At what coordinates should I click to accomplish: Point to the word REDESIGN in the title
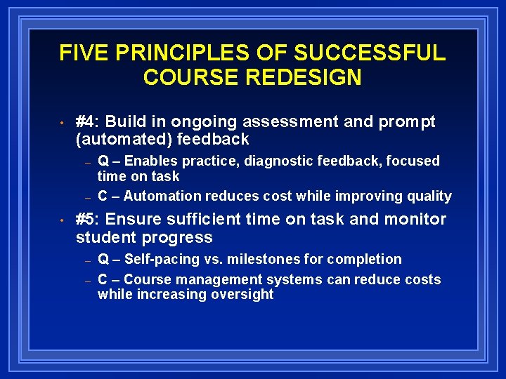(309, 77)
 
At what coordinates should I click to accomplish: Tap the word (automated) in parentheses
(124, 140)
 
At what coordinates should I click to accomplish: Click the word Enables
(148, 161)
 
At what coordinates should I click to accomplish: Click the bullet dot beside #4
(63, 124)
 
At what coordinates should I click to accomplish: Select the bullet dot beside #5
(63, 221)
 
